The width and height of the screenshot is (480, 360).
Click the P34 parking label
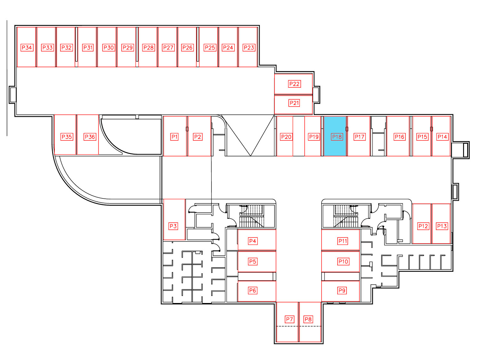(x=27, y=47)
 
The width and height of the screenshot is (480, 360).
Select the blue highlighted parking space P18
(x=335, y=136)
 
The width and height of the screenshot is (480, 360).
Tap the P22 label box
(x=294, y=84)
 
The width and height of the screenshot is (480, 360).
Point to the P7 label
(x=289, y=319)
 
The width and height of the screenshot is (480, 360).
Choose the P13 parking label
(x=442, y=226)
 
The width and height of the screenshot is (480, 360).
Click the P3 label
(x=173, y=226)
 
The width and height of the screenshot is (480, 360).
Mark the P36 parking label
(x=90, y=137)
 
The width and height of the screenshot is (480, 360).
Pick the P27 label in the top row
(x=168, y=47)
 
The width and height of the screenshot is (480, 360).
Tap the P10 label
(x=343, y=261)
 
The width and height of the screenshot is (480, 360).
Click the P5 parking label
(x=252, y=261)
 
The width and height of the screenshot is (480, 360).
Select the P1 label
(x=174, y=137)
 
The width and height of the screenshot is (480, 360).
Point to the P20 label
(x=286, y=137)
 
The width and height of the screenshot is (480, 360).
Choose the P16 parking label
(x=400, y=137)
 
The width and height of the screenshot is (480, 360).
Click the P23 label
(x=249, y=47)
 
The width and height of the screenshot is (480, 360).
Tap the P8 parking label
(x=308, y=319)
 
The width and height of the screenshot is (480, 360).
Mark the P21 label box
(x=294, y=103)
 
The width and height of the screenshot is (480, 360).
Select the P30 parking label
(x=108, y=47)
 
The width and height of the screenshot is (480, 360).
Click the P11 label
(x=343, y=241)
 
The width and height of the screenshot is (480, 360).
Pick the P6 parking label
(x=252, y=291)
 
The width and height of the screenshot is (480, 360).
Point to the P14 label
(x=442, y=137)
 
